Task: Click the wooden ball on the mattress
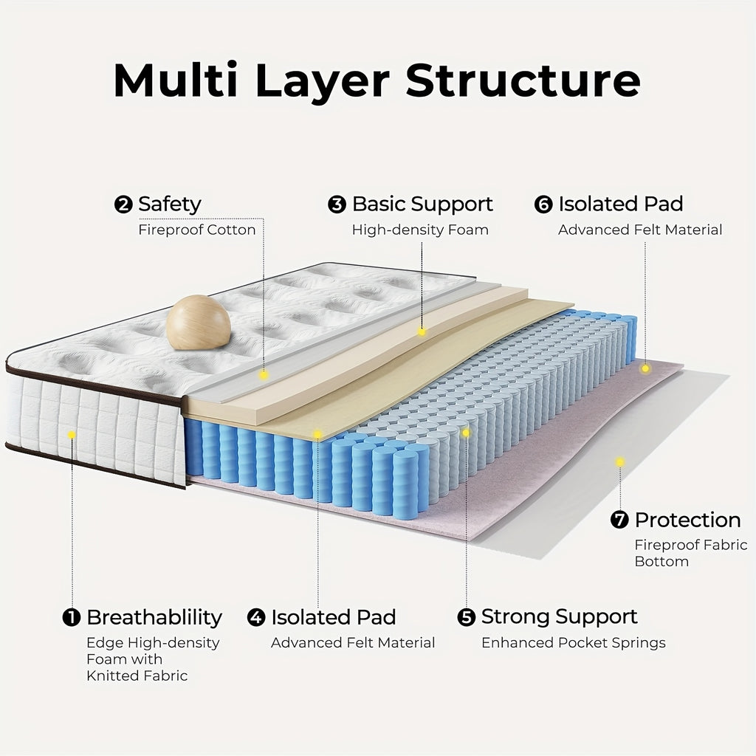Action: point(199,322)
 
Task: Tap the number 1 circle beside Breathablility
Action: point(72,618)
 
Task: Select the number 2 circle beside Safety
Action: point(123,205)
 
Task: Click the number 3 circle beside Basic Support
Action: point(337,205)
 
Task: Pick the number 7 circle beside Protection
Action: point(619,520)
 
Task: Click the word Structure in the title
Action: point(523,80)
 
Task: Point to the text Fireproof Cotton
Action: point(197,230)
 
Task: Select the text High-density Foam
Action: point(420,230)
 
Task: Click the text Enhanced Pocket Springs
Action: point(574,643)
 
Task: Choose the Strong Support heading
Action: point(559,617)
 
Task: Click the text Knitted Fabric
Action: point(137,676)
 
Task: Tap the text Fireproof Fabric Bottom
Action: point(690,553)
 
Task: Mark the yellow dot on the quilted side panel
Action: point(72,435)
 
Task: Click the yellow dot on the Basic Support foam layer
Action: point(422,331)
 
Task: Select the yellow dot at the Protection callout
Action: point(620,462)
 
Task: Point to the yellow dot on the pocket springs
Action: point(466,433)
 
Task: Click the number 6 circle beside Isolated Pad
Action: point(543,205)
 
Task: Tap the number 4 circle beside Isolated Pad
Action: point(256,618)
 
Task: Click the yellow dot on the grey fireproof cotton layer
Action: point(264,375)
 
